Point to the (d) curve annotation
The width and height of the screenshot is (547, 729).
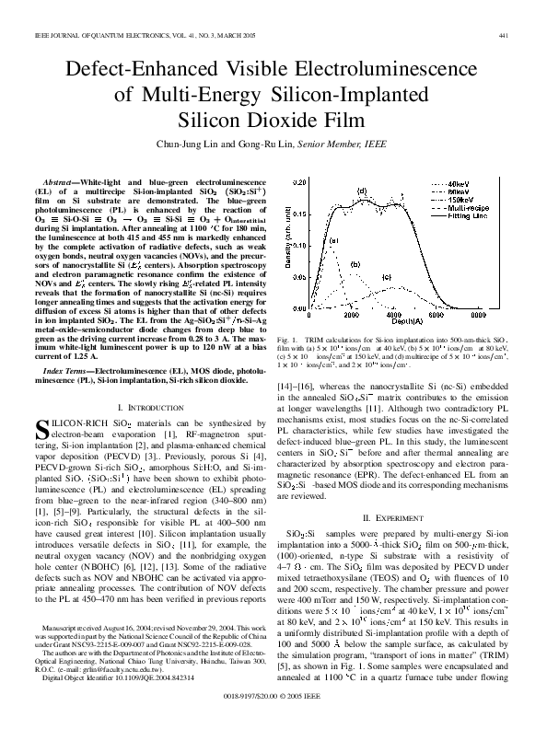[362, 192]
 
